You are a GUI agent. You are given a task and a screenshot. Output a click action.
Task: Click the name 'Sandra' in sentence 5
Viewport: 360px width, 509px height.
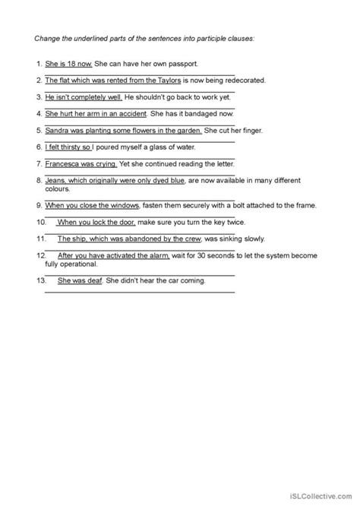[58, 130]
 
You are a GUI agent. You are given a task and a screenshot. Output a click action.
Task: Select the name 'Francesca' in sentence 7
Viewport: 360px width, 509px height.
[65, 163]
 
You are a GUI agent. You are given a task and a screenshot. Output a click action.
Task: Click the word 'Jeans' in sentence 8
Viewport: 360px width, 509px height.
[55, 181]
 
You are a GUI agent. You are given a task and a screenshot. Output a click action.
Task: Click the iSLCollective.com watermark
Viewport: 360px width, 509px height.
[320, 496]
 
